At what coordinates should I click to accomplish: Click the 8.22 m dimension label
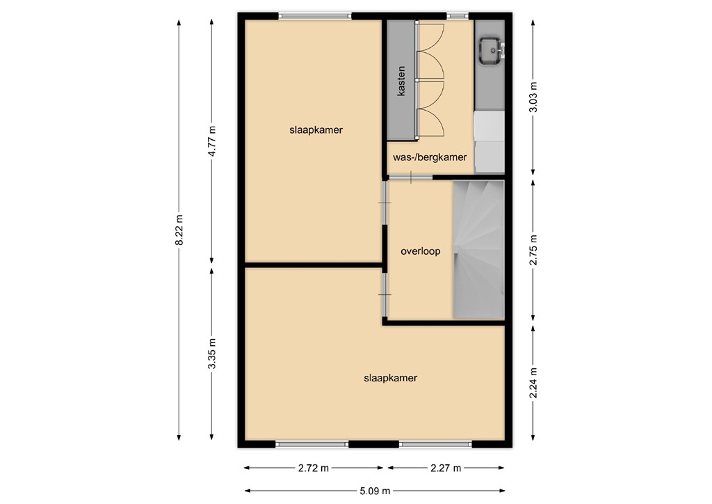[x=179, y=229]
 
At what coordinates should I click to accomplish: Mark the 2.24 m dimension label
[x=533, y=383]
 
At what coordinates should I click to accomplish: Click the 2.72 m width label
[x=313, y=468]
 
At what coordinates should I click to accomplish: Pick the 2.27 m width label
[x=445, y=468]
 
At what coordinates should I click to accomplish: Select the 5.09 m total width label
[x=374, y=490]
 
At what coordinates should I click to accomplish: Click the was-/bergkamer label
[x=430, y=157]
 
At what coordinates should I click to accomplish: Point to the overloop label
[x=420, y=252]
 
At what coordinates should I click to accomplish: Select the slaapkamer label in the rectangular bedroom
[x=316, y=129]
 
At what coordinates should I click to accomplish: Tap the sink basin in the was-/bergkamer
[x=492, y=49]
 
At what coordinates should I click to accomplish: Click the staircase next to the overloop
[x=478, y=249]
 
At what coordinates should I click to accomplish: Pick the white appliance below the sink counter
[x=489, y=143]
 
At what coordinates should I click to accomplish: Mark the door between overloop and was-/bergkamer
[x=411, y=179]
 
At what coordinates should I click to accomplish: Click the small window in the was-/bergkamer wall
[x=457, y=15]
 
